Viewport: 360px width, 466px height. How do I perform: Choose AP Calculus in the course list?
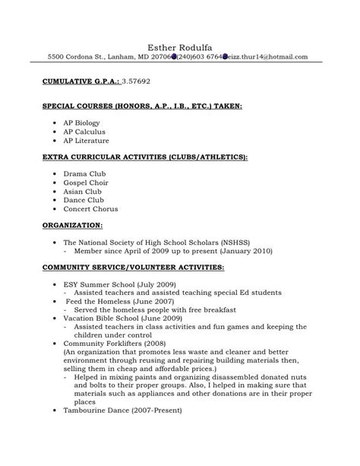point(84,131)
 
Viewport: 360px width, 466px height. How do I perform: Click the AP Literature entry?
point(86,141)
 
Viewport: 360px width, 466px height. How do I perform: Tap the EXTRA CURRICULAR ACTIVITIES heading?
point(145,157)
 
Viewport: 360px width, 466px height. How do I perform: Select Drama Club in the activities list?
point(85,174)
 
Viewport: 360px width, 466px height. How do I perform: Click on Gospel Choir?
point(87,184)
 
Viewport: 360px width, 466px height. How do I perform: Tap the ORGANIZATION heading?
point(74,227)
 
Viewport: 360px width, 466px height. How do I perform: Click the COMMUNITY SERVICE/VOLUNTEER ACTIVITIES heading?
point(133,268)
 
